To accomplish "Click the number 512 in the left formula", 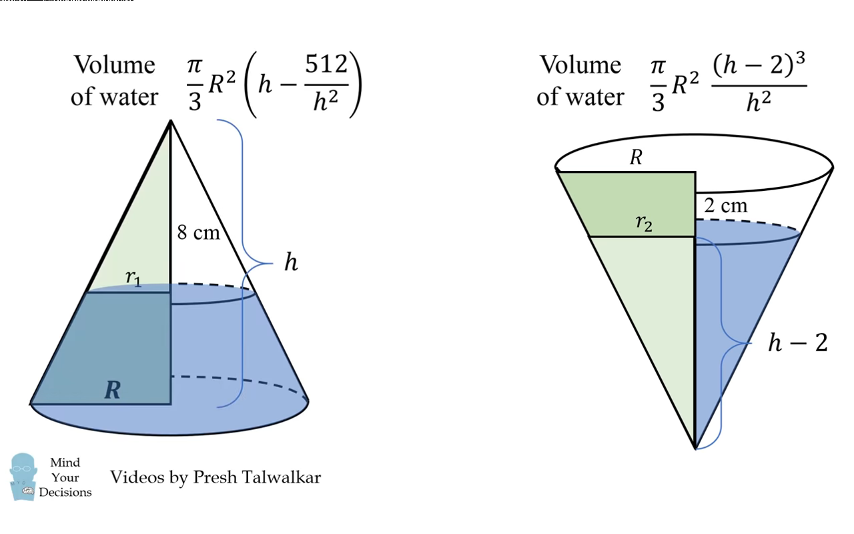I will point(327,65).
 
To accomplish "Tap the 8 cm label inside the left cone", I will point(198,233).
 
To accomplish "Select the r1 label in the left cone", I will point(133,278).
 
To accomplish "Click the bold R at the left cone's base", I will point(113,390).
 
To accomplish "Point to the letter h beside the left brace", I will point(291,262).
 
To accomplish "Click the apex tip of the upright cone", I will point(171,121).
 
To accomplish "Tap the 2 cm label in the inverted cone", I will point(726,206).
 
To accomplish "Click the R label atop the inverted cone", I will point(636,158).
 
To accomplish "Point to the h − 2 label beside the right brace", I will point(797,343).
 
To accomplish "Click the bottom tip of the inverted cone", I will point(695,448).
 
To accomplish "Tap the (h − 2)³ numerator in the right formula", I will point(759,67).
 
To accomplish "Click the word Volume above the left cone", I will point(114,65).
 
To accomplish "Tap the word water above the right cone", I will point(593,97).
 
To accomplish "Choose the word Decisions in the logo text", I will point(65,493).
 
